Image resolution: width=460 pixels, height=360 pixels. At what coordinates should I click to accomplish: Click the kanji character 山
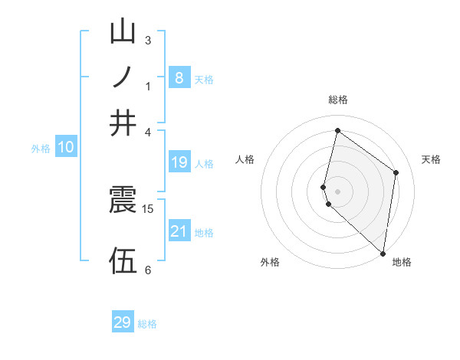tap(123, 32)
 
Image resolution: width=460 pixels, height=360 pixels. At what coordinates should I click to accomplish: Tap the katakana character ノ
tap(123, 77)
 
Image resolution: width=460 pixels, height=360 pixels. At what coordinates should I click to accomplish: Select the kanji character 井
tap(123, 123)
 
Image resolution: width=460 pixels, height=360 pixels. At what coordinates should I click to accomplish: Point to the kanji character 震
tap(123, 200)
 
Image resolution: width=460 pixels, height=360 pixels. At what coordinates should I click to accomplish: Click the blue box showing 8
tap(179, 77)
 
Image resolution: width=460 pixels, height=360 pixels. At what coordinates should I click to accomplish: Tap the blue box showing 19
tap(179, 162)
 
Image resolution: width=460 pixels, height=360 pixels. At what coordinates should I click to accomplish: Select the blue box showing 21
tap(179, 231)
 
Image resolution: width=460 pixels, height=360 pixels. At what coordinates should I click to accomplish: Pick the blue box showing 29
tap(123, 322)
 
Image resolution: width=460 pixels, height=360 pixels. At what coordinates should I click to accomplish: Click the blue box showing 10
tap(65, 148)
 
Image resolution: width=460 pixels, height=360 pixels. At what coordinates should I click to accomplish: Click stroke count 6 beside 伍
tap(148, 270)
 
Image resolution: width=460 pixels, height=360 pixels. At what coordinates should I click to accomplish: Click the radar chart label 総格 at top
tap(338, 100)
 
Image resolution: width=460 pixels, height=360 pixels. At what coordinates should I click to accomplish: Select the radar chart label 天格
tap(431, 159)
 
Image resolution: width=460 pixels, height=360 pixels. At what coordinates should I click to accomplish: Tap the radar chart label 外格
tap(270, 262)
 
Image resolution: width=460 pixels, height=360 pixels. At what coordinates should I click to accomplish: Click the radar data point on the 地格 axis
tap(383, 253)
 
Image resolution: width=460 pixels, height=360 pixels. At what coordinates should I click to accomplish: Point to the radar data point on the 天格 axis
tap(396, 173)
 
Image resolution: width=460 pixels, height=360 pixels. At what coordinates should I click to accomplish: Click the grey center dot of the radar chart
tap(337, 191)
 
